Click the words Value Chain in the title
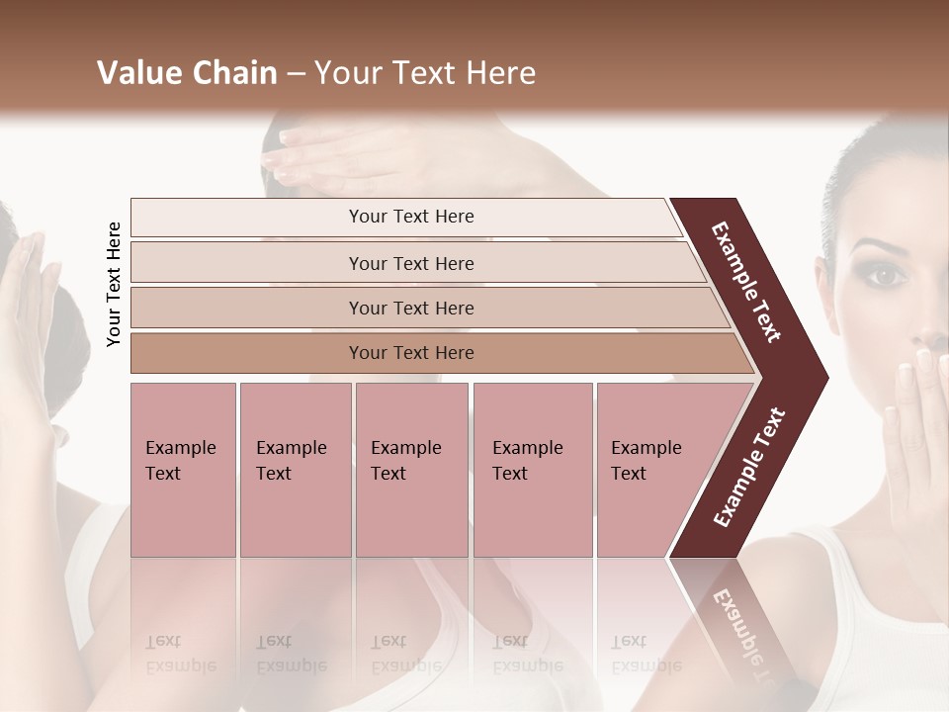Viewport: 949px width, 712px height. click(x=187, y=73)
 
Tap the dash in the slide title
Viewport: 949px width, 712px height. click(x=295, y=74)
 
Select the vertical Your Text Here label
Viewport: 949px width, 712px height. click(x=114, y=284)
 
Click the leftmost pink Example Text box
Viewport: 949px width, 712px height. click(x=183, y=470)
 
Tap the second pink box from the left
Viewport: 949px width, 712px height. click(x=295, y=470)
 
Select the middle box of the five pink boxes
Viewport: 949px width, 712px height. click(x=411, y=470)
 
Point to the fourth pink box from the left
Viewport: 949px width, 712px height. click(x=533, y=470)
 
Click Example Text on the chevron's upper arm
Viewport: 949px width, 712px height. click(x=746, y=282)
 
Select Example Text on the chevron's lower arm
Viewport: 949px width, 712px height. click(x=749, y=468)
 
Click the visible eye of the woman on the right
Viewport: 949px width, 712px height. click(x=887, y=275)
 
